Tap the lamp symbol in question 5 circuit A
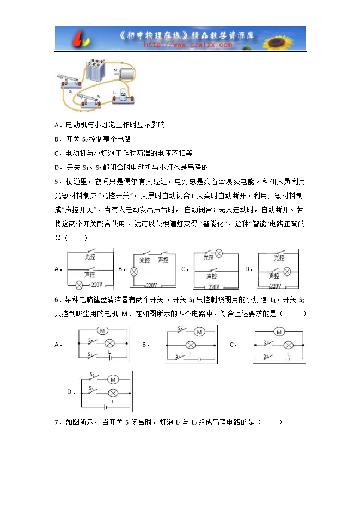tap(79, 285)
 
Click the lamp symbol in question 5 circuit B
tap(132, 270)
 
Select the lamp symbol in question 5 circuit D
tap(288, 270)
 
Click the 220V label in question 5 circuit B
tap(151, 285)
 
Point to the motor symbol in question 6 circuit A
tap(102, 330)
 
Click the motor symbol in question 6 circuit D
tap(113, 378)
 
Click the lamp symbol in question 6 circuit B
tap(191, 345)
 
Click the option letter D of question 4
tap(57, 167)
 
